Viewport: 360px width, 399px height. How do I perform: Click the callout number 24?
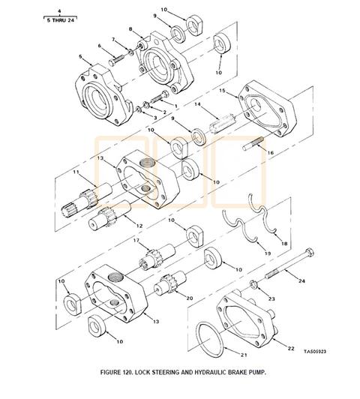coord(301,281)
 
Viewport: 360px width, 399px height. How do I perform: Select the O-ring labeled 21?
coord(211,338)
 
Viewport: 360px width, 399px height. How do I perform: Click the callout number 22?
coord(291,348)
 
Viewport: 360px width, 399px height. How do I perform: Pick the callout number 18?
coord(284,244)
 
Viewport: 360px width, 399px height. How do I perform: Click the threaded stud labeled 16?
coord(253,144)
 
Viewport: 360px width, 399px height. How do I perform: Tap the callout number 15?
coord(222,91)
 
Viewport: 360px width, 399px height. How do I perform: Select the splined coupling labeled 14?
coord(222,123)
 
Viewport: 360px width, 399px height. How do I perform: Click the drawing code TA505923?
coord(315,352)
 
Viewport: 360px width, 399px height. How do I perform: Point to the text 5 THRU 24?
coord(61,20)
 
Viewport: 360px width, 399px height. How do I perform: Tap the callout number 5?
coord(81,56)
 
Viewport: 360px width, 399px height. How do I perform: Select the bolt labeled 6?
coord(116,60)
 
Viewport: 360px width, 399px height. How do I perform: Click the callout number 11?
coord(76,172)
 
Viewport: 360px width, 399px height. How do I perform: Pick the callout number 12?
coord(139,226)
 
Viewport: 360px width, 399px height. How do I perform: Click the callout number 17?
coord(136,240)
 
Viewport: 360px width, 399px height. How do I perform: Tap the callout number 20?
coord(189,298)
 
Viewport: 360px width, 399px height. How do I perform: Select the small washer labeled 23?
coord(253,284)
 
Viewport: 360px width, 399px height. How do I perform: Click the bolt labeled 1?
coord(160,97)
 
